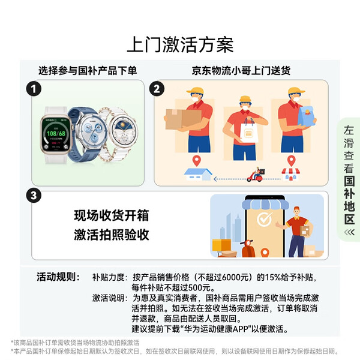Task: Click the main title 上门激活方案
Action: pyautogui.click(x=180, y=44)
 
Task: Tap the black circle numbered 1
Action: pyautogui.click(x=34, y=89)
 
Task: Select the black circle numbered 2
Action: pyautogui.click(x=157, y=89)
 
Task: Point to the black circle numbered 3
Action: pyautogui.click(x=34, y=196)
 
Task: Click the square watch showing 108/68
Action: pyautogui.click(x=56, y=134)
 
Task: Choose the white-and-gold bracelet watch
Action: pyautogui.click(x=121, y=133)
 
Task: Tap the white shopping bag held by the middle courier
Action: pyautogui.click(x=248, y=131)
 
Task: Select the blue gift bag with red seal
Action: pyautogui.click(x=307, y=116)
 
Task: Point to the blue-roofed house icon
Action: pyautogui.click(x=198, y=174)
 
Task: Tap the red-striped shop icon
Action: pyautogui.click(x=290, y=174)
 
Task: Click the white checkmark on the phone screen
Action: pyautogui.click(x=265, y=219)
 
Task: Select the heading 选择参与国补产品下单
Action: pyautogui.click(x=88, y=70)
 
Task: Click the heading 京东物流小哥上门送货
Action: pyautogui.click(x=241, y=70)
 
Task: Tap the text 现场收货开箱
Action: pyautogui.click(x=112, y=215)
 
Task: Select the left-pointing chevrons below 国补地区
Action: pyautogui.click(x=349, y=232)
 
